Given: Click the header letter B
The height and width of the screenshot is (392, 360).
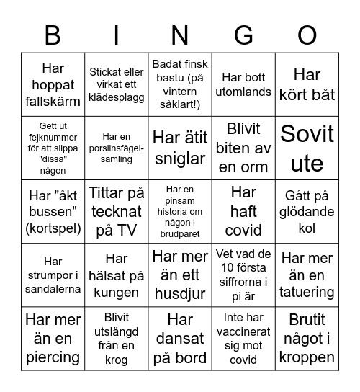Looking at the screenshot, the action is (x=53, y=35).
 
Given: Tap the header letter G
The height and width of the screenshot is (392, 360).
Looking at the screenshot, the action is (x=243, y=35).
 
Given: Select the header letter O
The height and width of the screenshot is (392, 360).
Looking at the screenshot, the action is (x=307, y=35).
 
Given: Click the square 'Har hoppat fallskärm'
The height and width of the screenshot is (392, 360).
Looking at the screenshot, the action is (x=53, y=85).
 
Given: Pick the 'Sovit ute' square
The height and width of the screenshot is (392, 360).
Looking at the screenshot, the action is (x=307, y=148).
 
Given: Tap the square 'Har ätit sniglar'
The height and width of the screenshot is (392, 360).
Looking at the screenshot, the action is (x=180, y=148).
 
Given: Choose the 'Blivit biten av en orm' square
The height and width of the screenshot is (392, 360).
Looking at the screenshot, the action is (x=243, y=148).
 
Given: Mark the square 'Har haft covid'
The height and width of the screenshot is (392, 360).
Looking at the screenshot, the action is (x=243, y=212).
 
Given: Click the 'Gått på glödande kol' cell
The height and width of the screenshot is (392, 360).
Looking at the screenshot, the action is (x=307, y=212).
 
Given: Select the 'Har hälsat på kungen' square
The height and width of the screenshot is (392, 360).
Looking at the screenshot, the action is (x=116, y=275).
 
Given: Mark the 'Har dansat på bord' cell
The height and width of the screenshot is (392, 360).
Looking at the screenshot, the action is (x=180, y=339).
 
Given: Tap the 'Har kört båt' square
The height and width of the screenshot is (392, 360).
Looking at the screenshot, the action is (x=307, y=85).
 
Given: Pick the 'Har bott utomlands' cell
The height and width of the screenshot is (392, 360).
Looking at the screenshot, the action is (x=243, y=85).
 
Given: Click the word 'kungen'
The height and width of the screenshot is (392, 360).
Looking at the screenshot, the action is (x=116, y=293).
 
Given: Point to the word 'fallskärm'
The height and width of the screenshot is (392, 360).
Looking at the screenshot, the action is (x=53, y=102).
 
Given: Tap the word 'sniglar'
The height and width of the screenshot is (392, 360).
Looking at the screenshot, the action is (x=180, y=158).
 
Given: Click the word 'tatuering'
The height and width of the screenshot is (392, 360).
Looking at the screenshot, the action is (x=307, y=293).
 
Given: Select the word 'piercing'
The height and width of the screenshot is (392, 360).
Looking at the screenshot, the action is (x=53, y=357).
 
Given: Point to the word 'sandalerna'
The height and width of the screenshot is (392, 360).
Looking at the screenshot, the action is (x=53, y=289).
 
